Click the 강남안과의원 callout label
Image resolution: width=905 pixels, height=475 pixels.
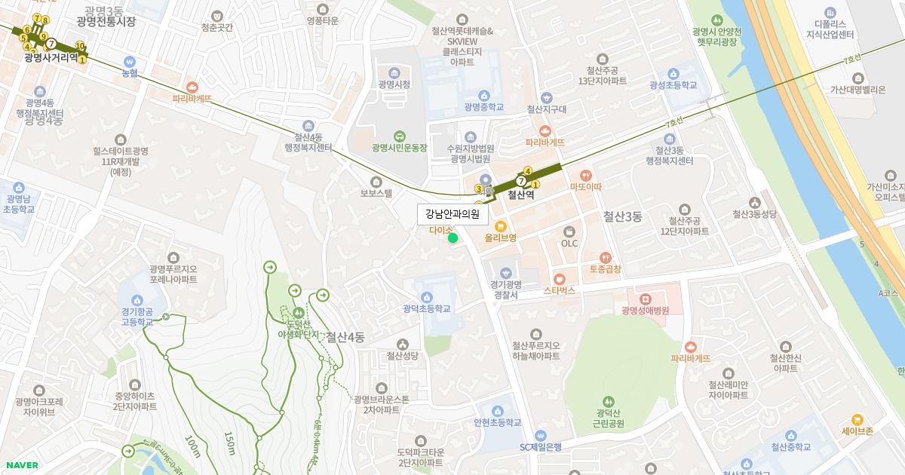coord(452,213)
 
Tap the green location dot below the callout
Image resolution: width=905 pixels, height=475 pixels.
coord(452,238)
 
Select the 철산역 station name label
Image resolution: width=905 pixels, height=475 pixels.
coord(520,195)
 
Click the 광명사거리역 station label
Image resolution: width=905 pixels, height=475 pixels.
coord(51,57)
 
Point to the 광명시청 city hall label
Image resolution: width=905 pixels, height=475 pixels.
coord(394,84)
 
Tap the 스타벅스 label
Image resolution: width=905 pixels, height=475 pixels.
coord(559,290)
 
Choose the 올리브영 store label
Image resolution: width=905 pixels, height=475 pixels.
coord(500,237)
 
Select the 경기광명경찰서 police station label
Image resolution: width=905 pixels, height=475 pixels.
coord(505,289)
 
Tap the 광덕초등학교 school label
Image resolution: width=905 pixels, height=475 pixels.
coord(426,308)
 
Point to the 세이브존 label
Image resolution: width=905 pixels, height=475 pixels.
coord(857,431)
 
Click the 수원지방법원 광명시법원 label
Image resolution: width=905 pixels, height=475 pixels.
coord(470,153)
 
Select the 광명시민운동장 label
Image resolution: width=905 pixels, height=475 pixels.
coord(399,148)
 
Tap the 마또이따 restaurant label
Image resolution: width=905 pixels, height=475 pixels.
coord(586,186)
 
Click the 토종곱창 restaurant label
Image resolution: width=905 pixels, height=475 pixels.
coord(605,268)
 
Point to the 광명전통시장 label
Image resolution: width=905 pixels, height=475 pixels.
coord(106,22)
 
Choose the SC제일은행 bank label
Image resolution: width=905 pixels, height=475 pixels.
coord(540,446)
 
